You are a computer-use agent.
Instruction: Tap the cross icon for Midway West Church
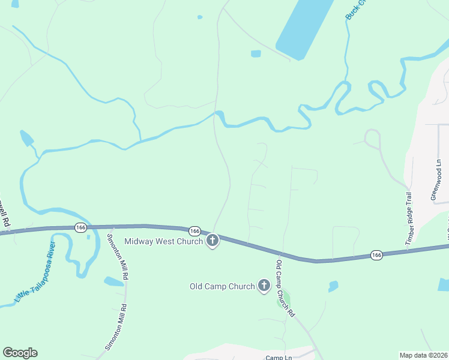pos(212,241)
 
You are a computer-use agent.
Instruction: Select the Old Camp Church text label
pos(222,286)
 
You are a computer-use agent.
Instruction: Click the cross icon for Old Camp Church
pos(264,286)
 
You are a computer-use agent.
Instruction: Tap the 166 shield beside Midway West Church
pos(194,231)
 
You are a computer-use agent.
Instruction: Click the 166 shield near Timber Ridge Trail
pos(376,255)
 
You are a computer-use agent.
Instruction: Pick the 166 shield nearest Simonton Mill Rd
pos(80,227)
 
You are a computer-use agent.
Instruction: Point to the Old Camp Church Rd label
pos(285,287)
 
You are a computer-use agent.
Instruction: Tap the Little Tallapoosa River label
pos(35,274)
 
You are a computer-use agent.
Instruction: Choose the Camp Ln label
pos(279,357)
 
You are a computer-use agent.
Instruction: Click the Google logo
pos(20,353)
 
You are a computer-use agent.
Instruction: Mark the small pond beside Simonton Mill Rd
pos(114,281)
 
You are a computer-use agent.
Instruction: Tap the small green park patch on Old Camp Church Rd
pos(285,298)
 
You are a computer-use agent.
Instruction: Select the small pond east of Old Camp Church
pos(333,286)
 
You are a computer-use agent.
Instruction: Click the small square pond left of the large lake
pos(256,54)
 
